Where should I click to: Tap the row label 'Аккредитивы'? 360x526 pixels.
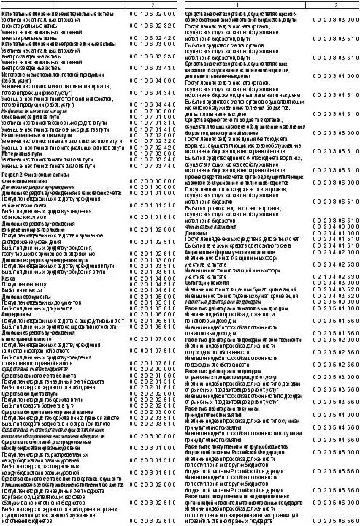21,312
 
